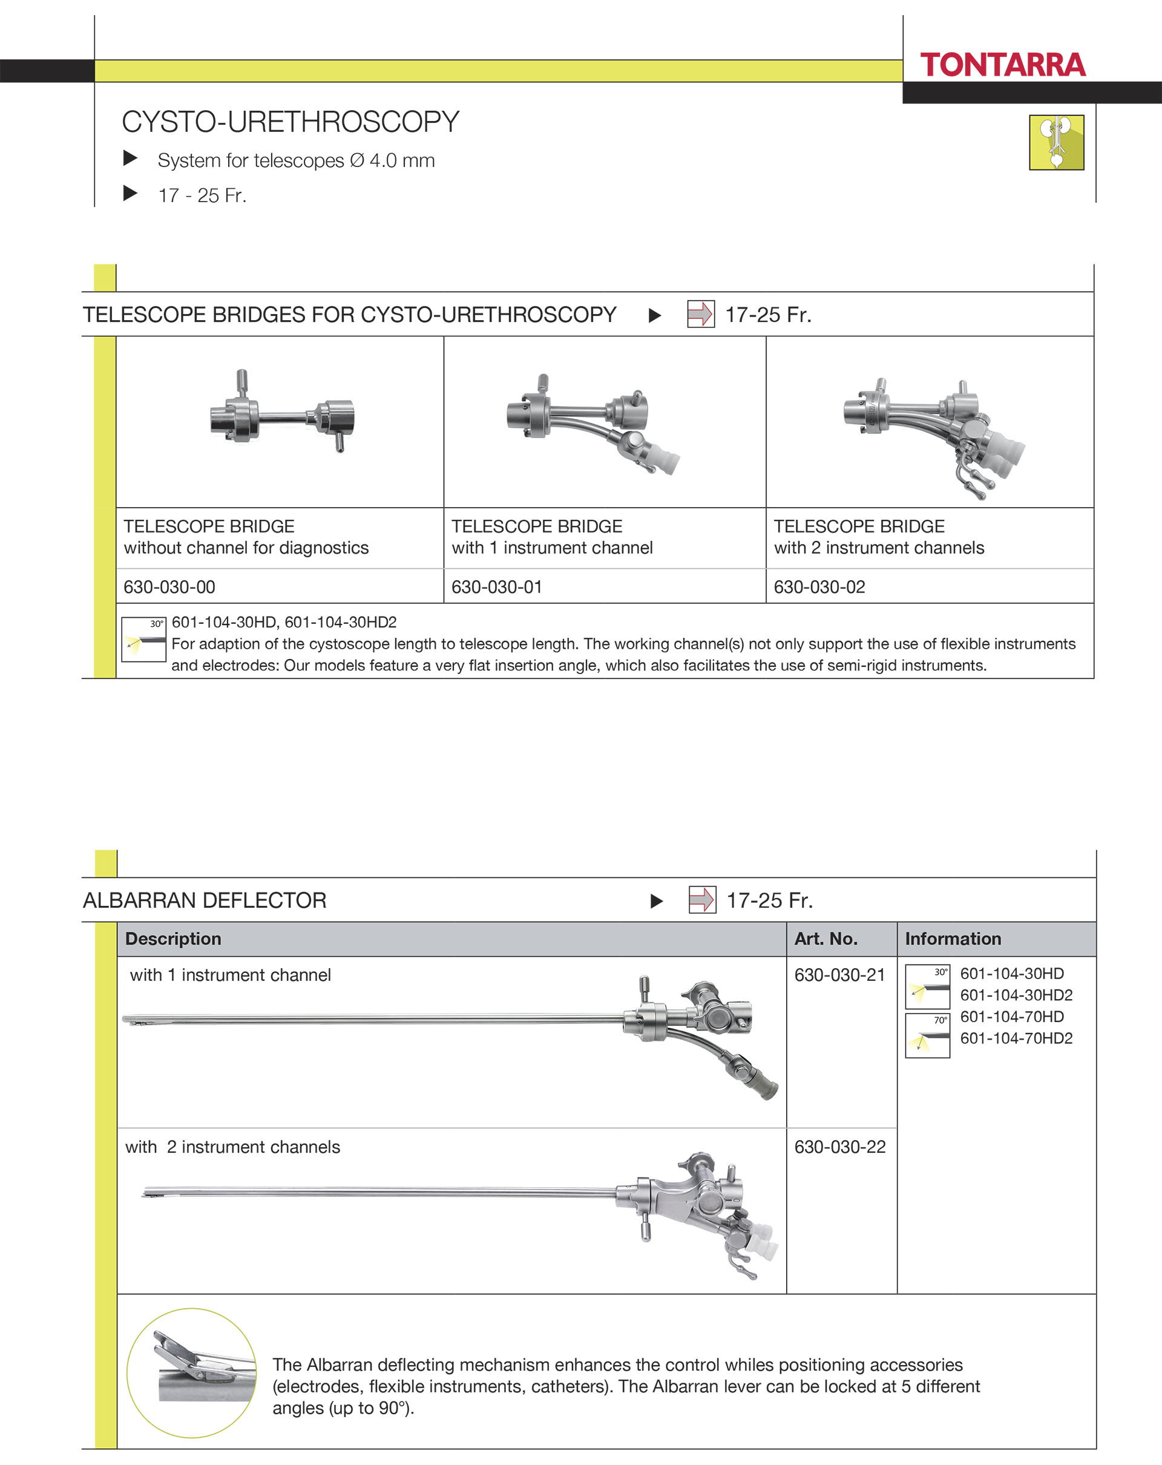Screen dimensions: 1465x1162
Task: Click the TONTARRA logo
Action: click(x=1002, y=65)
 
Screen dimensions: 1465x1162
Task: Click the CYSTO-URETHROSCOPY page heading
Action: click(x=290, y=122)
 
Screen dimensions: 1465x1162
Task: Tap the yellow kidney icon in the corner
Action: click(x=1056, y=142)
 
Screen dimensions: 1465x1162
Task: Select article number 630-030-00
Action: click(x=169, y=586)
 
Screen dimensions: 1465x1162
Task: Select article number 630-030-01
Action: click(x=497, y=586)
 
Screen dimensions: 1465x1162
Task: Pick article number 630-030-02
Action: click(x=819, y=586)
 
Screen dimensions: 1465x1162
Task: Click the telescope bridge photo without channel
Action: click(x=282, y=415)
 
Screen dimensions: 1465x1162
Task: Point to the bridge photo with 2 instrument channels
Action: click(x=934, y=435)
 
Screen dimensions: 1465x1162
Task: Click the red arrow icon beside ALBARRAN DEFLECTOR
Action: click(x=702, y=900)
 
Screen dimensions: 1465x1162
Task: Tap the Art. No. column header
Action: click(x=826, y=939)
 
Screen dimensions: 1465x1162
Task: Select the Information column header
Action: click(x=953, y=939)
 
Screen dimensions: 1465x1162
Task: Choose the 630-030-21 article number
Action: click(x=840, y=974)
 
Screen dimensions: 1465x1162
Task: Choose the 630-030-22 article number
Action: click(x=840, y=1146)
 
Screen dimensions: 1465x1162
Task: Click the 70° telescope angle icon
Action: click(x=928, y=1035)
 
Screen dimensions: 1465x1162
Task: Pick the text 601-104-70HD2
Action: click(x=1016, y=1038)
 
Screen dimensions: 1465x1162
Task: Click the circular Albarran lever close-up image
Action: click(x=192, y=1372)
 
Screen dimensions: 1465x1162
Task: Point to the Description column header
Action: click(x=173, y=939)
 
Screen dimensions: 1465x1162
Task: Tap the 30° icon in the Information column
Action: click(x=928, y=986)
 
